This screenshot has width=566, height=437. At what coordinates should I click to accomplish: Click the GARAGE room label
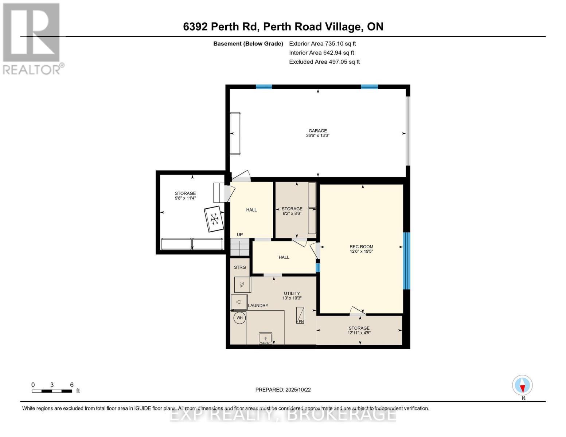[x=317, y=131]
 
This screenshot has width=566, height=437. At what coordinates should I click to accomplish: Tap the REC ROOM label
[x=361, y=247]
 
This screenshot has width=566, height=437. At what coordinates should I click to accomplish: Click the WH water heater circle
[x=239, y=318]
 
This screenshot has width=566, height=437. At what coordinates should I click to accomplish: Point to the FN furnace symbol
[x=300, y=315]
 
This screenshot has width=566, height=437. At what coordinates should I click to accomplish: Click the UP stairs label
[x=240, y=235]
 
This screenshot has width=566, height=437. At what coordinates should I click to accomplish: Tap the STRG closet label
[x=240, y=267]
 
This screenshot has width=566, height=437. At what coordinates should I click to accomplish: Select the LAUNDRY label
[x=258, y=306]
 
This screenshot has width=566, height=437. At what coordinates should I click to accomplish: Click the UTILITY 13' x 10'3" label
[x=292, y=296]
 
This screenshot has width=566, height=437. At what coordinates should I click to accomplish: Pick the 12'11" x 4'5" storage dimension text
[x=359, y=333]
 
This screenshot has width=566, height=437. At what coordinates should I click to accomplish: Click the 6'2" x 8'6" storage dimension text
[x=292, y=214]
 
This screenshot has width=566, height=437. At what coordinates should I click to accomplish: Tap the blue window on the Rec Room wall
[x=406, y=261]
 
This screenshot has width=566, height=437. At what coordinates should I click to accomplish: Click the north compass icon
[x=522, y=385]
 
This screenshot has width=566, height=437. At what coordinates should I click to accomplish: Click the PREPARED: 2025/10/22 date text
[x=283, y=390]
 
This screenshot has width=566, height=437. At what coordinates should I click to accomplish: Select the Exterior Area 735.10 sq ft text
[x=322, y=44]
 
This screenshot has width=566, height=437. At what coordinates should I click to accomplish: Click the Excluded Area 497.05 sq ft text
[x=324, y=62]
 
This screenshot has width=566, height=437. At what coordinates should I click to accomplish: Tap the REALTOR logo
[x=32, y=38]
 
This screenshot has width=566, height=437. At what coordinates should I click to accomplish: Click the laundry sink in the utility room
[x=265, y=338]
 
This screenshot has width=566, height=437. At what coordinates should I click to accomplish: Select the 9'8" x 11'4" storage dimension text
[x=185, y=198]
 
